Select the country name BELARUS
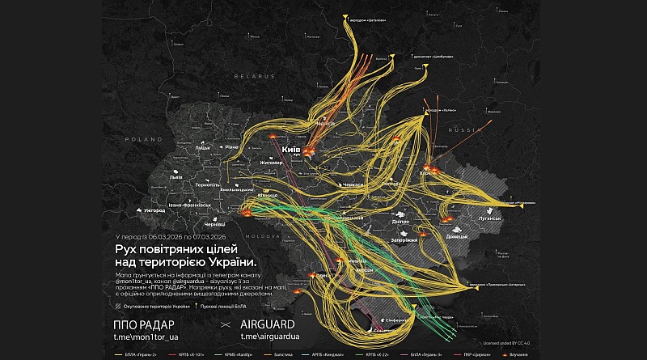coord(251,74)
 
